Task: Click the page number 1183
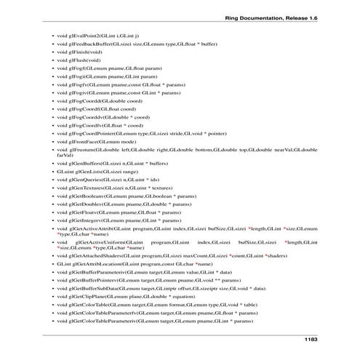[x=308, y=340]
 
